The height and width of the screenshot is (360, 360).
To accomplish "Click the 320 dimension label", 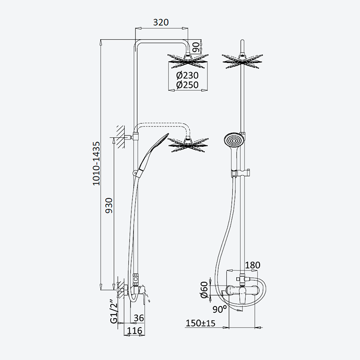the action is (x=161, y=22).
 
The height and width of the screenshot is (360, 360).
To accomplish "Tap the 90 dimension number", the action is (x=196, y=47).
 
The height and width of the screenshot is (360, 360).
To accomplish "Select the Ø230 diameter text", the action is (x=187, y=75).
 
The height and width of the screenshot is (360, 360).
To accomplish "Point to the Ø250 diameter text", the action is (x=187, y=85).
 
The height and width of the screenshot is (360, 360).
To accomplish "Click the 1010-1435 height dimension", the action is (x=96, y=163).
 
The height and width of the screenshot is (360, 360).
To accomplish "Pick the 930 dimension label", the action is (x=109, y=206).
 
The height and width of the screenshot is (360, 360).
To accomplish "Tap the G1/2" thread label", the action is (x=114, y=311).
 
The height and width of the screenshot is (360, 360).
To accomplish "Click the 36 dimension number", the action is (x=139, y=318).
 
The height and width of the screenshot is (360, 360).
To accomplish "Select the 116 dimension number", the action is (x=135, y=331).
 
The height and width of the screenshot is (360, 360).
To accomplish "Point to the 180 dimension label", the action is (x=252, y=265).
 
